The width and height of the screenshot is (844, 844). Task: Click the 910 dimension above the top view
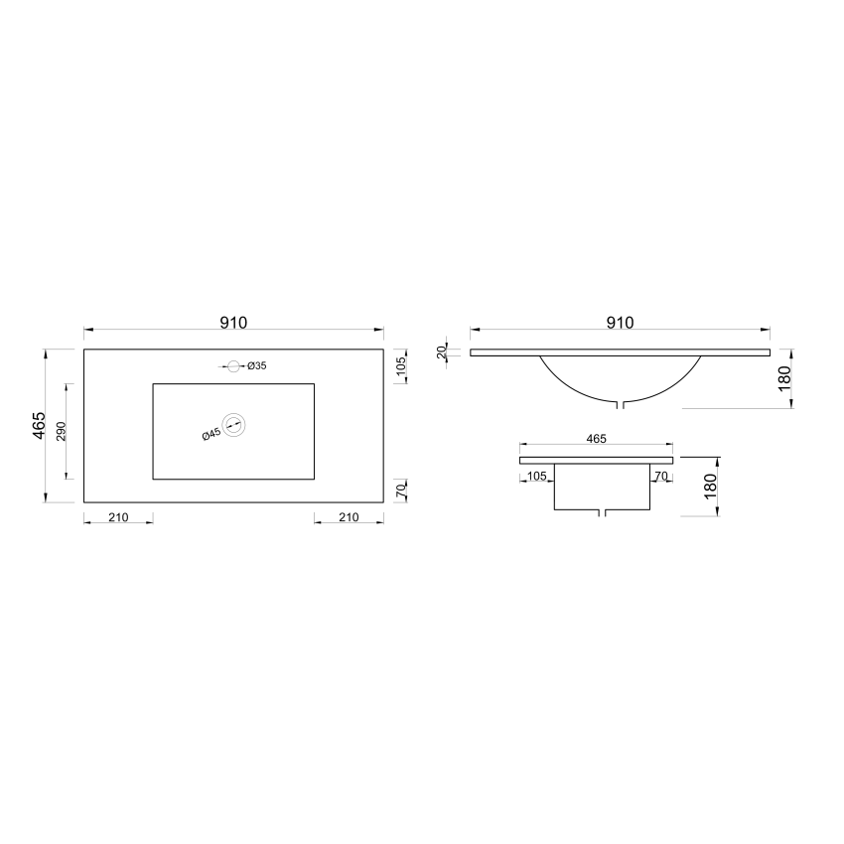[x=233, y=323]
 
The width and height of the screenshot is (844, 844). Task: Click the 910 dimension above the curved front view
[x=620, y=323]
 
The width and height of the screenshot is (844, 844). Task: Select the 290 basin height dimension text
[x=62, y=431]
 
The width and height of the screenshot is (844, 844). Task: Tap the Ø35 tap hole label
[x=257, y=366]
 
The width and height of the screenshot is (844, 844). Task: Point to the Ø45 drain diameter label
[x=211, y=434]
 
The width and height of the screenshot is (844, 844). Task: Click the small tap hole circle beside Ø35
[x=234, y=366]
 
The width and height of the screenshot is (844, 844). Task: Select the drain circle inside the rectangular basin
[x=234, y=425]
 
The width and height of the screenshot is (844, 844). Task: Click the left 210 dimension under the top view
[x=118, y=517]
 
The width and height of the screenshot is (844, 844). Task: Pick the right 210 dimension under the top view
[x=349, y=517]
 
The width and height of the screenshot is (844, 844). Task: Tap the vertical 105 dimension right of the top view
[x=402, y=366]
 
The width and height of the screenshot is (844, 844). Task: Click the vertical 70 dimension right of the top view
[x=402, y=490]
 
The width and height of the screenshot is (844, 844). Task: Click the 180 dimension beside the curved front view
[x=784, y=378]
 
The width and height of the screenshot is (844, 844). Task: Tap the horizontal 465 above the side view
[x=597, y=438]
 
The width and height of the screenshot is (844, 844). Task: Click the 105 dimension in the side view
[x=537, y=477]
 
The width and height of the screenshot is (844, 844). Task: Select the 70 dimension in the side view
[x=661, y=477]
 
